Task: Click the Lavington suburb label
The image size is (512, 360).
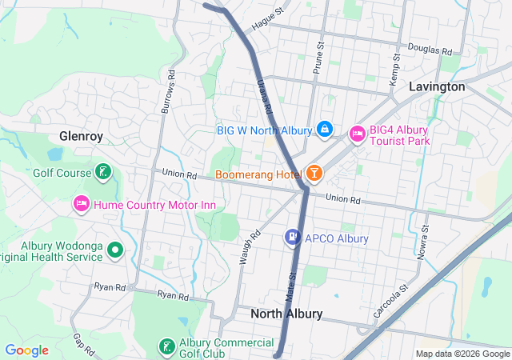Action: coord(436,86)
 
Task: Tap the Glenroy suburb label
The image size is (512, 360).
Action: coord(81,136)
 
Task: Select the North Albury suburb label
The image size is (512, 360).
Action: coord(286,314)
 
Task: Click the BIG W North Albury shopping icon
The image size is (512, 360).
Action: coord(324,128)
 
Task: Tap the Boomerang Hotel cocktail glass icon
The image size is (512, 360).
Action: coord(314,174)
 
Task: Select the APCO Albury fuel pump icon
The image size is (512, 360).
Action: coord(293,238)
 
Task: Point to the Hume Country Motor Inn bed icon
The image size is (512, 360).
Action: coord(81,204)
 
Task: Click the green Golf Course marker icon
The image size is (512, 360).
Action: coord(102,171)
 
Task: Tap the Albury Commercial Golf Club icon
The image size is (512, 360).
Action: coord(166,346)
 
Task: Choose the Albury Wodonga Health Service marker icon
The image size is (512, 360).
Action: coord(115,250)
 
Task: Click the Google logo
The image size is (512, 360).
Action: coord(27,350)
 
